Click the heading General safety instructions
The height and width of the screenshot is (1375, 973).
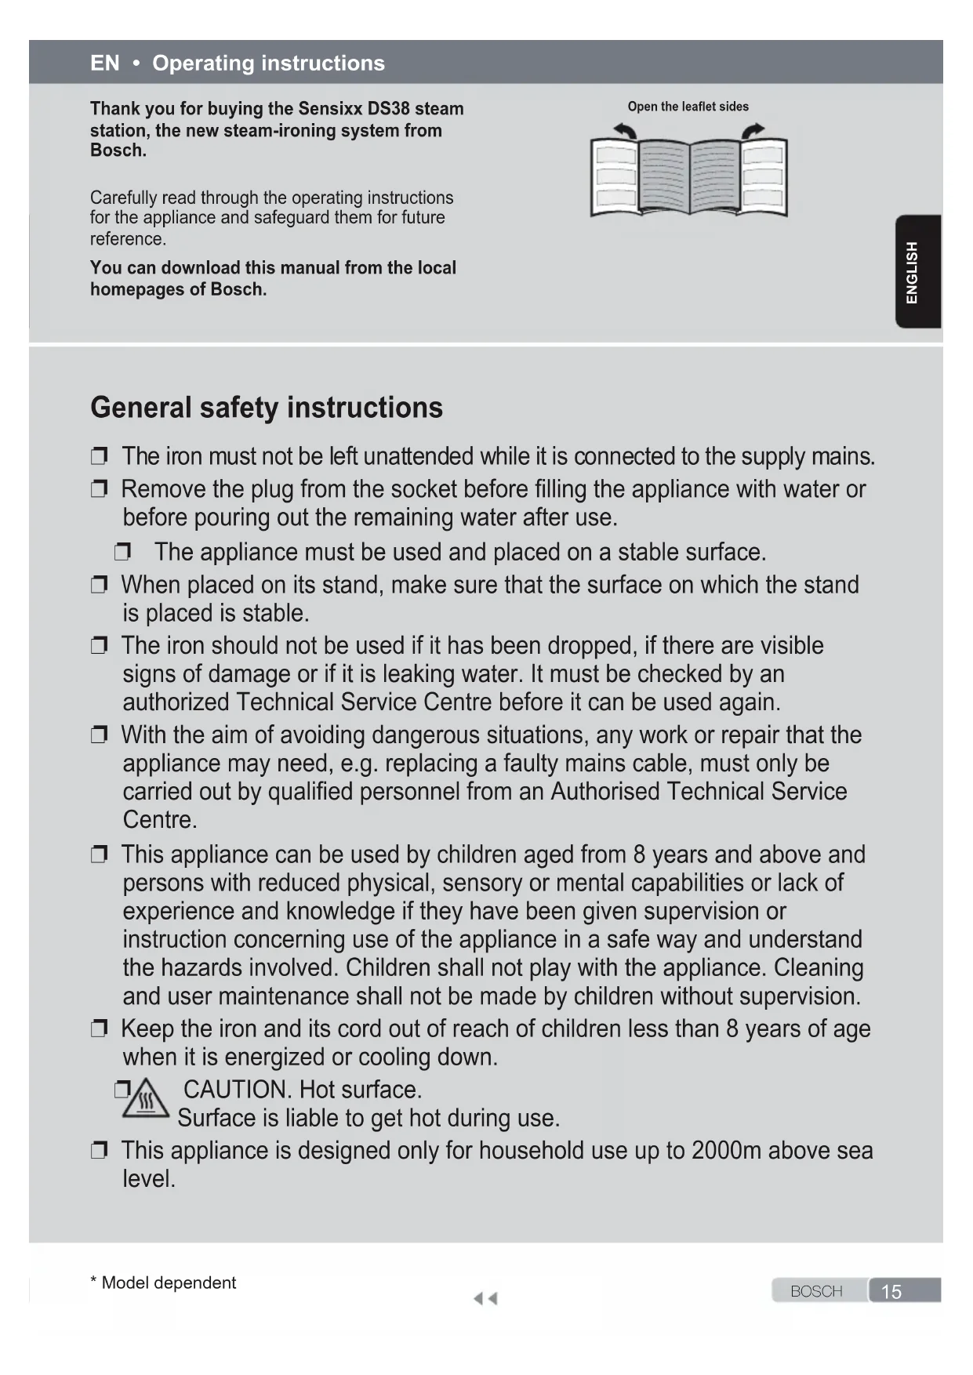[267, 408]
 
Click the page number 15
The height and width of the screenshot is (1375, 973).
[891, 1292]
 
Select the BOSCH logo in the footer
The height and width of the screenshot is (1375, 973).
[816, 1292]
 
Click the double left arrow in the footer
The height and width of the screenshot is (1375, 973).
[485, 1299]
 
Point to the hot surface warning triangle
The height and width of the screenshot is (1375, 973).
[147, 1098]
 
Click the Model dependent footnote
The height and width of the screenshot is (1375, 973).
[163, 1283]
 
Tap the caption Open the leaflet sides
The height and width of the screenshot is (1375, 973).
[688, 107]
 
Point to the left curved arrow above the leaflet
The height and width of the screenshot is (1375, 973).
[625, 130]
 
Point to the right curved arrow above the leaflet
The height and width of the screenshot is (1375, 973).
[753, 130]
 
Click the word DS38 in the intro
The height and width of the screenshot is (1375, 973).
[389, 109]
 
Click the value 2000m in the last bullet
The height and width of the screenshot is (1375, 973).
[726, 1151]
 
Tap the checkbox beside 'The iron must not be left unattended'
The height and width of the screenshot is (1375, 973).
[99, 456]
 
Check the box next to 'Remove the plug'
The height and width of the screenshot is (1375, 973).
[99, 490]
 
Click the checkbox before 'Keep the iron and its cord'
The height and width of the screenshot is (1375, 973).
[99, 1029]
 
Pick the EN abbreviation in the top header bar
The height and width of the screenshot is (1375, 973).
[105, 63]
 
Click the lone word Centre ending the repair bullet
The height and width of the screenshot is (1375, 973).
[159, 820]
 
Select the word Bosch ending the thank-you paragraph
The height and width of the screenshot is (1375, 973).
[118, 151]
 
